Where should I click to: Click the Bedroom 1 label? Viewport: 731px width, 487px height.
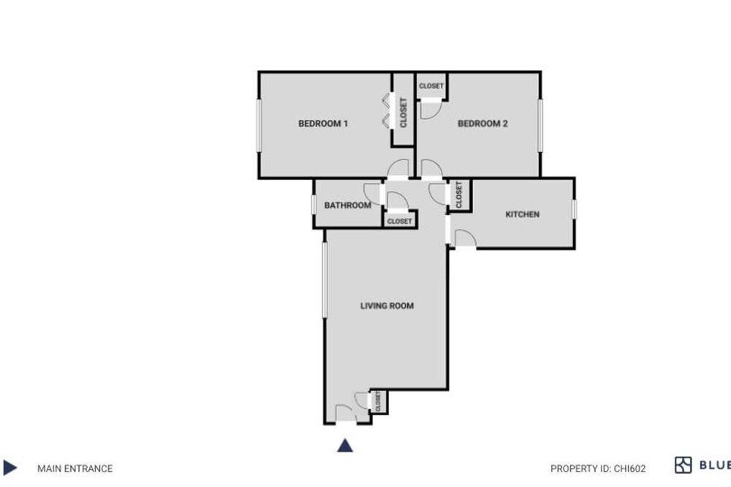pyautogui.click(x=322, y=124)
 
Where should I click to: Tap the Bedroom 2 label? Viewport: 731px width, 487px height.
pyautogui.click(x=482, y=124)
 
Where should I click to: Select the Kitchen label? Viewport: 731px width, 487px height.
pyautogui.click(x=522, y=214)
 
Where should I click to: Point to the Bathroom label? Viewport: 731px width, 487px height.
pyautogui.click(x=348, y=205)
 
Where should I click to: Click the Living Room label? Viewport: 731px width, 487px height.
pyautogui.click(x=387, y=306)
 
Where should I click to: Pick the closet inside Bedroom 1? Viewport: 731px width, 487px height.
pyautogui.click(x=404, y=113)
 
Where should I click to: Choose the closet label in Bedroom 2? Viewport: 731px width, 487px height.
pyautogui.click(x=431, y=86)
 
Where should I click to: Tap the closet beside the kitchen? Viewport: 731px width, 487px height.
pyautogui.click(x=459, y=195)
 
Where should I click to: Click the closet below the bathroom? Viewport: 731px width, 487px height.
pyautogui.click(x=400, y=221)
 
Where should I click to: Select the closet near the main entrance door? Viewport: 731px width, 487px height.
pyautogui.click(x=378, y=401)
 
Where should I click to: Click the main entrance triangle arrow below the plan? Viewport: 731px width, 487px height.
pyautogui.click(x=345, y=445)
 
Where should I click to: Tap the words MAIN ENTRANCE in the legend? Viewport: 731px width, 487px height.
pyautogui.click(x=75, y=468)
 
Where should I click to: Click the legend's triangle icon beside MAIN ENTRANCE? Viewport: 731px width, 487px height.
pyautogui.click(x=10, y=467)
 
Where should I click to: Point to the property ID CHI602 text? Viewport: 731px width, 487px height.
pyautogui.click(x=598, y=468)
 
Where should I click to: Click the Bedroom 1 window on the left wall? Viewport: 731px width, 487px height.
pyautogui.click(x=260, y=126)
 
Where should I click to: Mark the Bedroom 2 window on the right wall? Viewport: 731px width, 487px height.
pyautogui.click(x=540, y=125)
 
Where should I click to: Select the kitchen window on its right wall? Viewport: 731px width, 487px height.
pyautogui.click(x=574, y=209)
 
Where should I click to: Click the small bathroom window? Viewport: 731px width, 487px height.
pyautogui.click(x=314, y=205)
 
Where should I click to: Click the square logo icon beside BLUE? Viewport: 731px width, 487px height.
pyautogui.click(x=683, y=465)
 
